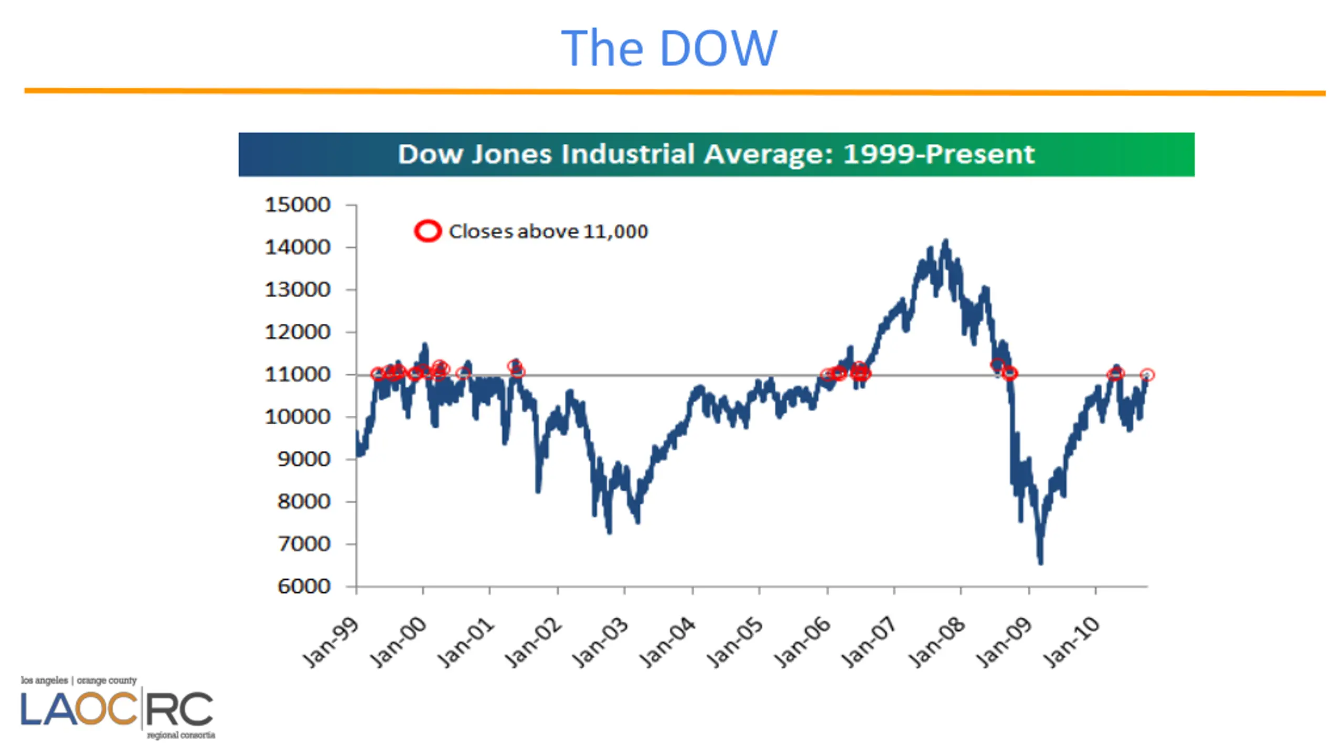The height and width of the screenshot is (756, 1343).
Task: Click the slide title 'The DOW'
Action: (669, 48)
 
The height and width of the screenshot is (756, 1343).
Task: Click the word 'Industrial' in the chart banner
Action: (628, 154)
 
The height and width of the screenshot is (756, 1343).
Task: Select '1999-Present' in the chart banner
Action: (939, 154)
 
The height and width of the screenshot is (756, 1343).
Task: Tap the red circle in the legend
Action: (428, 231)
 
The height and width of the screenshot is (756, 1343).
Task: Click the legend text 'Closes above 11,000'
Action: (548, 232)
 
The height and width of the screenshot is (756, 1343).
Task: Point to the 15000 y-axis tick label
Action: (297, 205)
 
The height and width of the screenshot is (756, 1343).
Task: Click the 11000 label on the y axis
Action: (297, 375)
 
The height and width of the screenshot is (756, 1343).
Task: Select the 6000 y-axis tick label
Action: (304, 586)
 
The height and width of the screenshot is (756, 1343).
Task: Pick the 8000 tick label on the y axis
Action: (304, 502)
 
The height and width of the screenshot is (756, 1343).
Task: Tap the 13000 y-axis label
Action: (297, 290)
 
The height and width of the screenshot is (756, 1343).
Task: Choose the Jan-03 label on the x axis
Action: (600, 643)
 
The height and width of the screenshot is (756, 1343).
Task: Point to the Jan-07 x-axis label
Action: (869, 643)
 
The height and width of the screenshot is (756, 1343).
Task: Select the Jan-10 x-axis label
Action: (1071, 643)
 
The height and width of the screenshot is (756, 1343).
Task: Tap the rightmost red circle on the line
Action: (1147, 375)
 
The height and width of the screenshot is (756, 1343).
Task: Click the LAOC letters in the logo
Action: (79, 709)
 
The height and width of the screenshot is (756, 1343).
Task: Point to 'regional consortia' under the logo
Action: (181, 735)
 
